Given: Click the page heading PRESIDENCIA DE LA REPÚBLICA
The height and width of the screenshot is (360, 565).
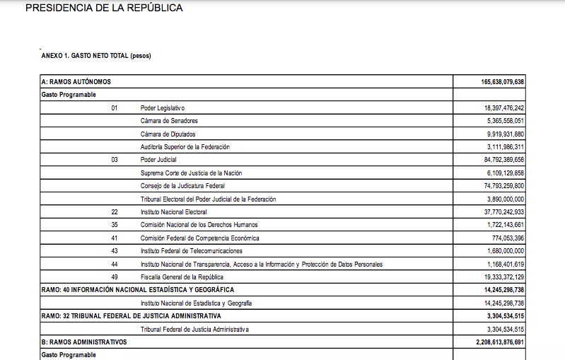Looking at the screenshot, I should (103, 8).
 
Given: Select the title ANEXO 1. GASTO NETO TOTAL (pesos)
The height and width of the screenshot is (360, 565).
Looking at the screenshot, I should (96, 56).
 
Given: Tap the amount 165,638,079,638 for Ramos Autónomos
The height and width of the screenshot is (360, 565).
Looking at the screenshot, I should (494, 82).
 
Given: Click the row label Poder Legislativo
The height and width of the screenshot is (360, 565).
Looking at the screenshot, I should (163, 108).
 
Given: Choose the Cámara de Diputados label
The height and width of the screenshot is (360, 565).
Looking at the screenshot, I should (168, 134).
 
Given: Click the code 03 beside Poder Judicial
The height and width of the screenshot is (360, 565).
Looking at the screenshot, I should (115, 160).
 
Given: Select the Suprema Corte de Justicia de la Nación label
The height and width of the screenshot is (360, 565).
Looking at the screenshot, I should (191, 173).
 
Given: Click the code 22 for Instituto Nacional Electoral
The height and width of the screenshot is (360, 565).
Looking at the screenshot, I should (115, 211).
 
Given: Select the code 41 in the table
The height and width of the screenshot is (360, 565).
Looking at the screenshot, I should (115, 238).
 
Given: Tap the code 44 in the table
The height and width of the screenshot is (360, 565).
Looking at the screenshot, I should (115, 264).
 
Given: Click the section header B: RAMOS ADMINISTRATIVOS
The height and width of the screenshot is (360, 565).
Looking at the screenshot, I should (84, 342).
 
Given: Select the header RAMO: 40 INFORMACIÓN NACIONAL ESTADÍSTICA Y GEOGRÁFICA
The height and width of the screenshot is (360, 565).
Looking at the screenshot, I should (138, 289).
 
